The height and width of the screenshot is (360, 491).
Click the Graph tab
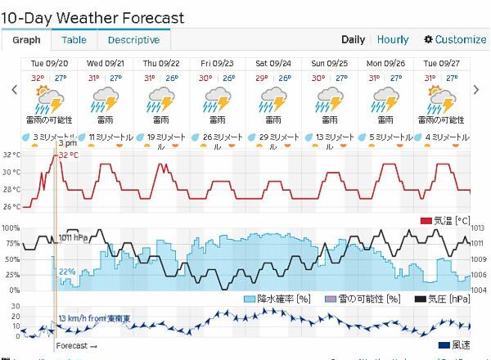26,40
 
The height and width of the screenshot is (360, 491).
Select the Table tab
74,40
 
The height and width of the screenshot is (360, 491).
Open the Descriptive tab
133,40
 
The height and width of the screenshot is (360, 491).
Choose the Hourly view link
393,39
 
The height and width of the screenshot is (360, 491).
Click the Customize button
455,39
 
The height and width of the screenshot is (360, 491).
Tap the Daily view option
353,39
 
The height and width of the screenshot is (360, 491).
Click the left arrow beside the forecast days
14,90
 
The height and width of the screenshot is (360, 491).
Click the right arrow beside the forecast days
476,90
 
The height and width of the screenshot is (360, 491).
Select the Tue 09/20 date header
49,63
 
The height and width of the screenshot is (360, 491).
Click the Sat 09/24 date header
273,63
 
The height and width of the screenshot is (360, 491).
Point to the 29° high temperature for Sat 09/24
262,79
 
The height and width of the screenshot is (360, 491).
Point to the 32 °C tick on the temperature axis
11,155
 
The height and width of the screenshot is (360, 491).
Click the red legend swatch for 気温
426,221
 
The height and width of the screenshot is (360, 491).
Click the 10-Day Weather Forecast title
92,17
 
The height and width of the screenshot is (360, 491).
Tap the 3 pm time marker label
67,143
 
